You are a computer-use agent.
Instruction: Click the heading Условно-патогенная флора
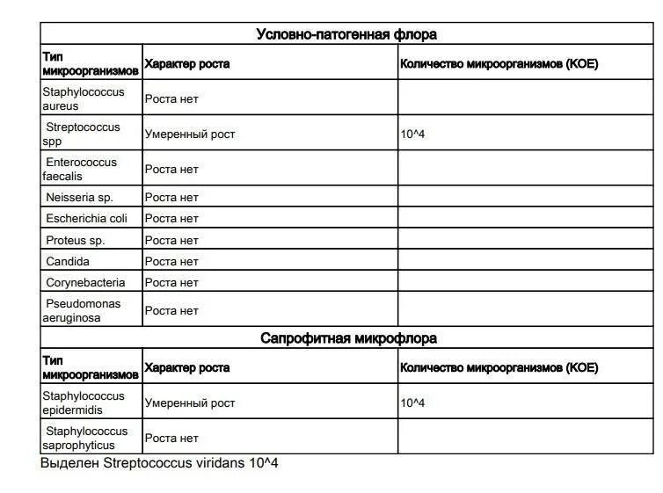346,34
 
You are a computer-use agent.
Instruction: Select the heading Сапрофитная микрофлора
348,338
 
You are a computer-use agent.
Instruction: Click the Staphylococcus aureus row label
84,98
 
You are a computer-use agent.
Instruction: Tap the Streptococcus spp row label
82,134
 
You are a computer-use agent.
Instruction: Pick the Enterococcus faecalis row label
81,169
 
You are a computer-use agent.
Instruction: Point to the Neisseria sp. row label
80,197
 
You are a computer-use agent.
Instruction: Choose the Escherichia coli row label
86,218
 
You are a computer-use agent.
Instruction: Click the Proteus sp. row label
76,240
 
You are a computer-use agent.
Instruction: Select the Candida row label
68,261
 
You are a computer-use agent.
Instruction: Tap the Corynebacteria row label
85,283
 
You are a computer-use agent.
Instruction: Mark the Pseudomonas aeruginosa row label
82,310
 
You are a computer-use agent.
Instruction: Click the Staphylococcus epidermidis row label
84,402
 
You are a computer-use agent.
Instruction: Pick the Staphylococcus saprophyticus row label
85,438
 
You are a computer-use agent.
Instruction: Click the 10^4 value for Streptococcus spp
412,134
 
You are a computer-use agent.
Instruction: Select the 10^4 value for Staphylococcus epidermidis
412,403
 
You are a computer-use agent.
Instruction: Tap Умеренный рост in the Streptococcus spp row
190,134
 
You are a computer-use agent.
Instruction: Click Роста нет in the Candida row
171,261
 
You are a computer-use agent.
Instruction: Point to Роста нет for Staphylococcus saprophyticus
171,438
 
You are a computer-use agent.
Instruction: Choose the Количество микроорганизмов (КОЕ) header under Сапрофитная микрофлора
499,367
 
